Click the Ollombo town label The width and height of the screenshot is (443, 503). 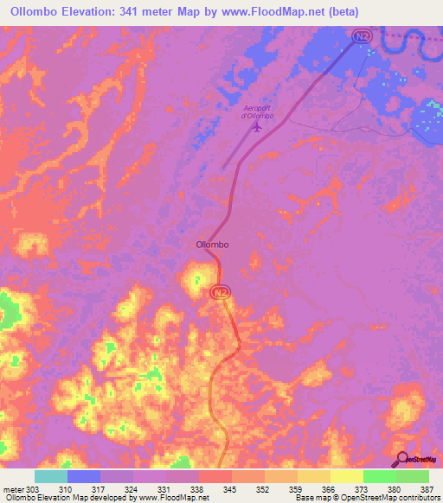coord(212,245)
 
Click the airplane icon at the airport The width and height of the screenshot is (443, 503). coord(258,128)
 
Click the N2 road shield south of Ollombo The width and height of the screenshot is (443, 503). coord(221,293)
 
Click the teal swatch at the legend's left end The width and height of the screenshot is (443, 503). coord(51,476)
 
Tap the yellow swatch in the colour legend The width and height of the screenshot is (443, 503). coord(346,476)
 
